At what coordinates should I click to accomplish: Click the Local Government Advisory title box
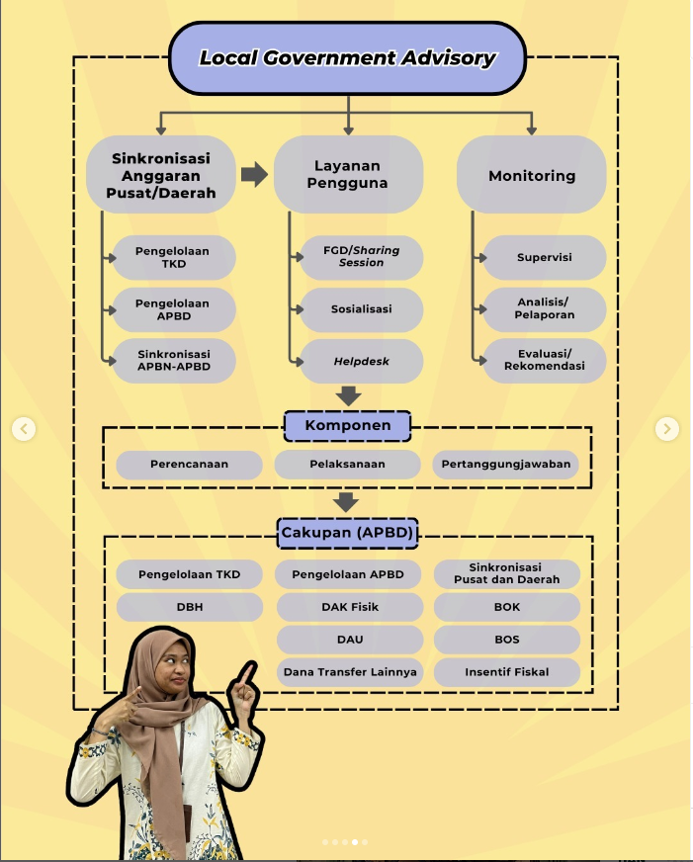tap(347, 57)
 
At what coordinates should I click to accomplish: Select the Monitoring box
tap(531, 175)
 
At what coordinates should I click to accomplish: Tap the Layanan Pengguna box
tap(347, 175)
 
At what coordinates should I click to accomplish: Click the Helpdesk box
tap(361, 362)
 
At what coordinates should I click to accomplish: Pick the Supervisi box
tap(544, 258)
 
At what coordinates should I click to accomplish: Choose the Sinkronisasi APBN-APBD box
tap(174, 361)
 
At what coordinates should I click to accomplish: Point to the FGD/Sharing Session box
tap(361, 257)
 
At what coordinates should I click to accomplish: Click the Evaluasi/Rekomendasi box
tap(544, 361)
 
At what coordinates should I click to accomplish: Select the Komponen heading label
tap(347, 426)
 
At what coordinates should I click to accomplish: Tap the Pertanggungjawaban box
tap(505, 464)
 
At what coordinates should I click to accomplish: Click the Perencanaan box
tap(189, 464)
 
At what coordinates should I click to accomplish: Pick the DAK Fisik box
tap(349, 607)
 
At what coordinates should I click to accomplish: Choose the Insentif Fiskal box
tap(506, 672)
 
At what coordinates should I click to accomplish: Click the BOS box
tap(506, 640)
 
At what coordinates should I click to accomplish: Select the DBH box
tap(189, 607)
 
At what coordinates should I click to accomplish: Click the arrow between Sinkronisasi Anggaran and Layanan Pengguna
tap(254, 175)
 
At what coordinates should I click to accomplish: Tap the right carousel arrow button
tap(667, 429)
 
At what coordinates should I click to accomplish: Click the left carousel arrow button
tap(25, 429)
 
